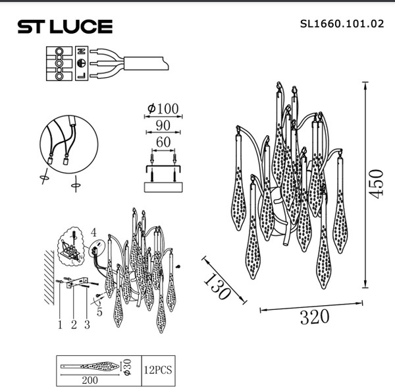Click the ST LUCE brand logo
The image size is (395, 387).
pos(65,26)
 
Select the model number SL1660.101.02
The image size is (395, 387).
pos(342,24)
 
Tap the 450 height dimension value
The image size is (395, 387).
pos(376,183)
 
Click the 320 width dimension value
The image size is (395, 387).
pos(315,317)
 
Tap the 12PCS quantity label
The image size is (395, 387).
pos(158,371)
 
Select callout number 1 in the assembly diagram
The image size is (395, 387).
pos(59,324)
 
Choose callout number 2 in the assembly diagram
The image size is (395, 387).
pos(74,324)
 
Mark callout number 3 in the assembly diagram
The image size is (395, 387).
pos(86,324)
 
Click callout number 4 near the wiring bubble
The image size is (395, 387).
pos(93,232)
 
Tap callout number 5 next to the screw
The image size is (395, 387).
pos(99,313)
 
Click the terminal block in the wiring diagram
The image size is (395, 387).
pos(60,64)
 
